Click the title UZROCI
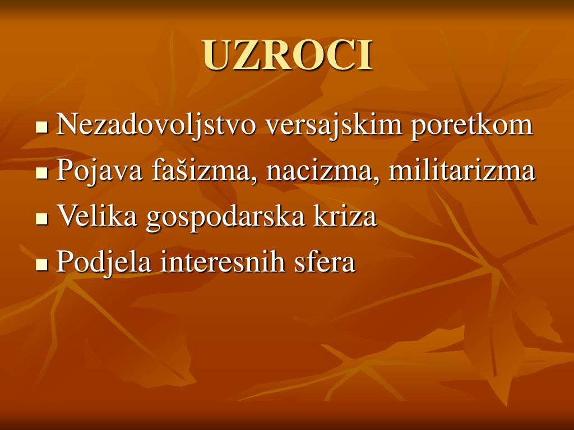pos(288,55)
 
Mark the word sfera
pos(325,262)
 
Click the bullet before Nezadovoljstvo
pos(41,127)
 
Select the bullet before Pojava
pos(41,173)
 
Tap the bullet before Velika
pos(41,218)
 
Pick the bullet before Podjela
pos(41,264)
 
